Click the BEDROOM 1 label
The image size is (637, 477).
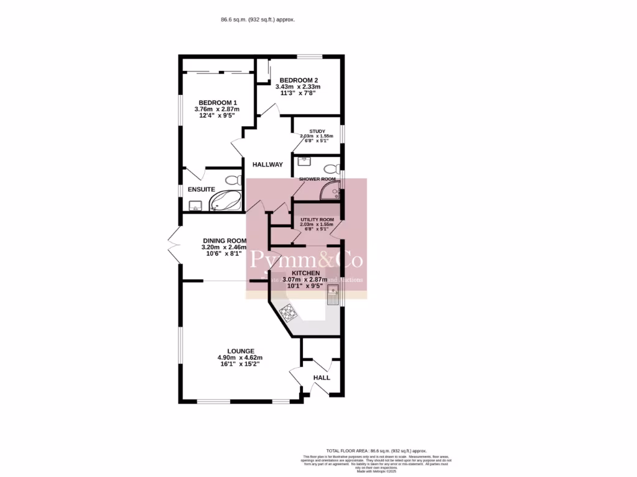(x=217, y=102)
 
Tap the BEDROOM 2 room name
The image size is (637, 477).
(x=299, y=80)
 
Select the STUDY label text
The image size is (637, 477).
(x=317, y=131)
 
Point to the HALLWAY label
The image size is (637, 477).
(x=267, y=165)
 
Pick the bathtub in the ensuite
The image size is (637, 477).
(x=225, y=201)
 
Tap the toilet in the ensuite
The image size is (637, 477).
(x=233, y=181)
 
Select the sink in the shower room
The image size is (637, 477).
(x=304, y=161)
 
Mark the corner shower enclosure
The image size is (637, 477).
(x=330, y=193)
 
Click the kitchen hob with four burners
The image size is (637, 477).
(x=288, y=312)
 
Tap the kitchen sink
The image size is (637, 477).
(x=333, y=301)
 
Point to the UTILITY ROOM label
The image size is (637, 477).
(x=317, y=220)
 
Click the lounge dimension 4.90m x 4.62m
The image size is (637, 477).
(x=239, y=358)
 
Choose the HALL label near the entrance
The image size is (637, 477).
(x=322, y=378)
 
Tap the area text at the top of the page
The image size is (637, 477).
(x=258, y=20)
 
